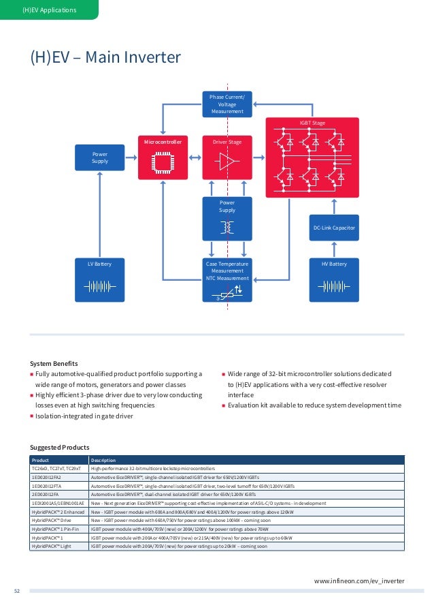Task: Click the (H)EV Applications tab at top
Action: (49, 10)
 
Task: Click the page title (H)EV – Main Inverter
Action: (104, 57)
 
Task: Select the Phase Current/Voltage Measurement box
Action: (227, 104)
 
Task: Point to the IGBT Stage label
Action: (312, 123)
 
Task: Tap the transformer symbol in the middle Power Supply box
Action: (227, 226)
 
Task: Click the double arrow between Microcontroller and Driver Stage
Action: (194, 157)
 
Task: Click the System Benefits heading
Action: (54, 363)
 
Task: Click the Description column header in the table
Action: (104, 460)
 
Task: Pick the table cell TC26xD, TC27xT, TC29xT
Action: (56, 469)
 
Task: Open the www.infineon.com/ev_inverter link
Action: (358, 581)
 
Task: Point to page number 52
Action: (18, 591)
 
